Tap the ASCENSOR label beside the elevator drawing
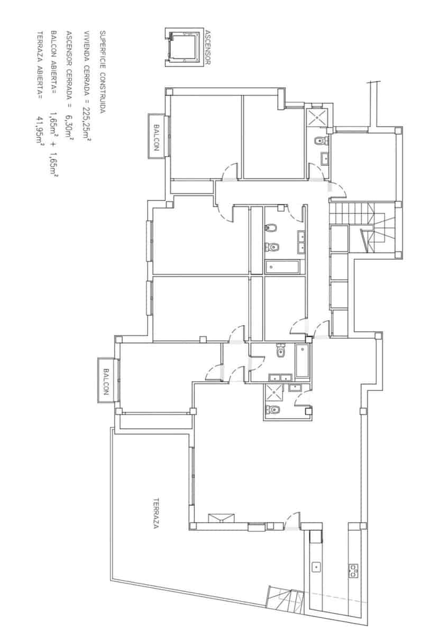click(206, 48)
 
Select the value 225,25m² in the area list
click(86, 121)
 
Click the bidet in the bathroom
click(271, 228)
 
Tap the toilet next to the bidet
click(272, 247)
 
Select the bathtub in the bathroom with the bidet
click(284, 267)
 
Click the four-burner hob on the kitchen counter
click(353, 569)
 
